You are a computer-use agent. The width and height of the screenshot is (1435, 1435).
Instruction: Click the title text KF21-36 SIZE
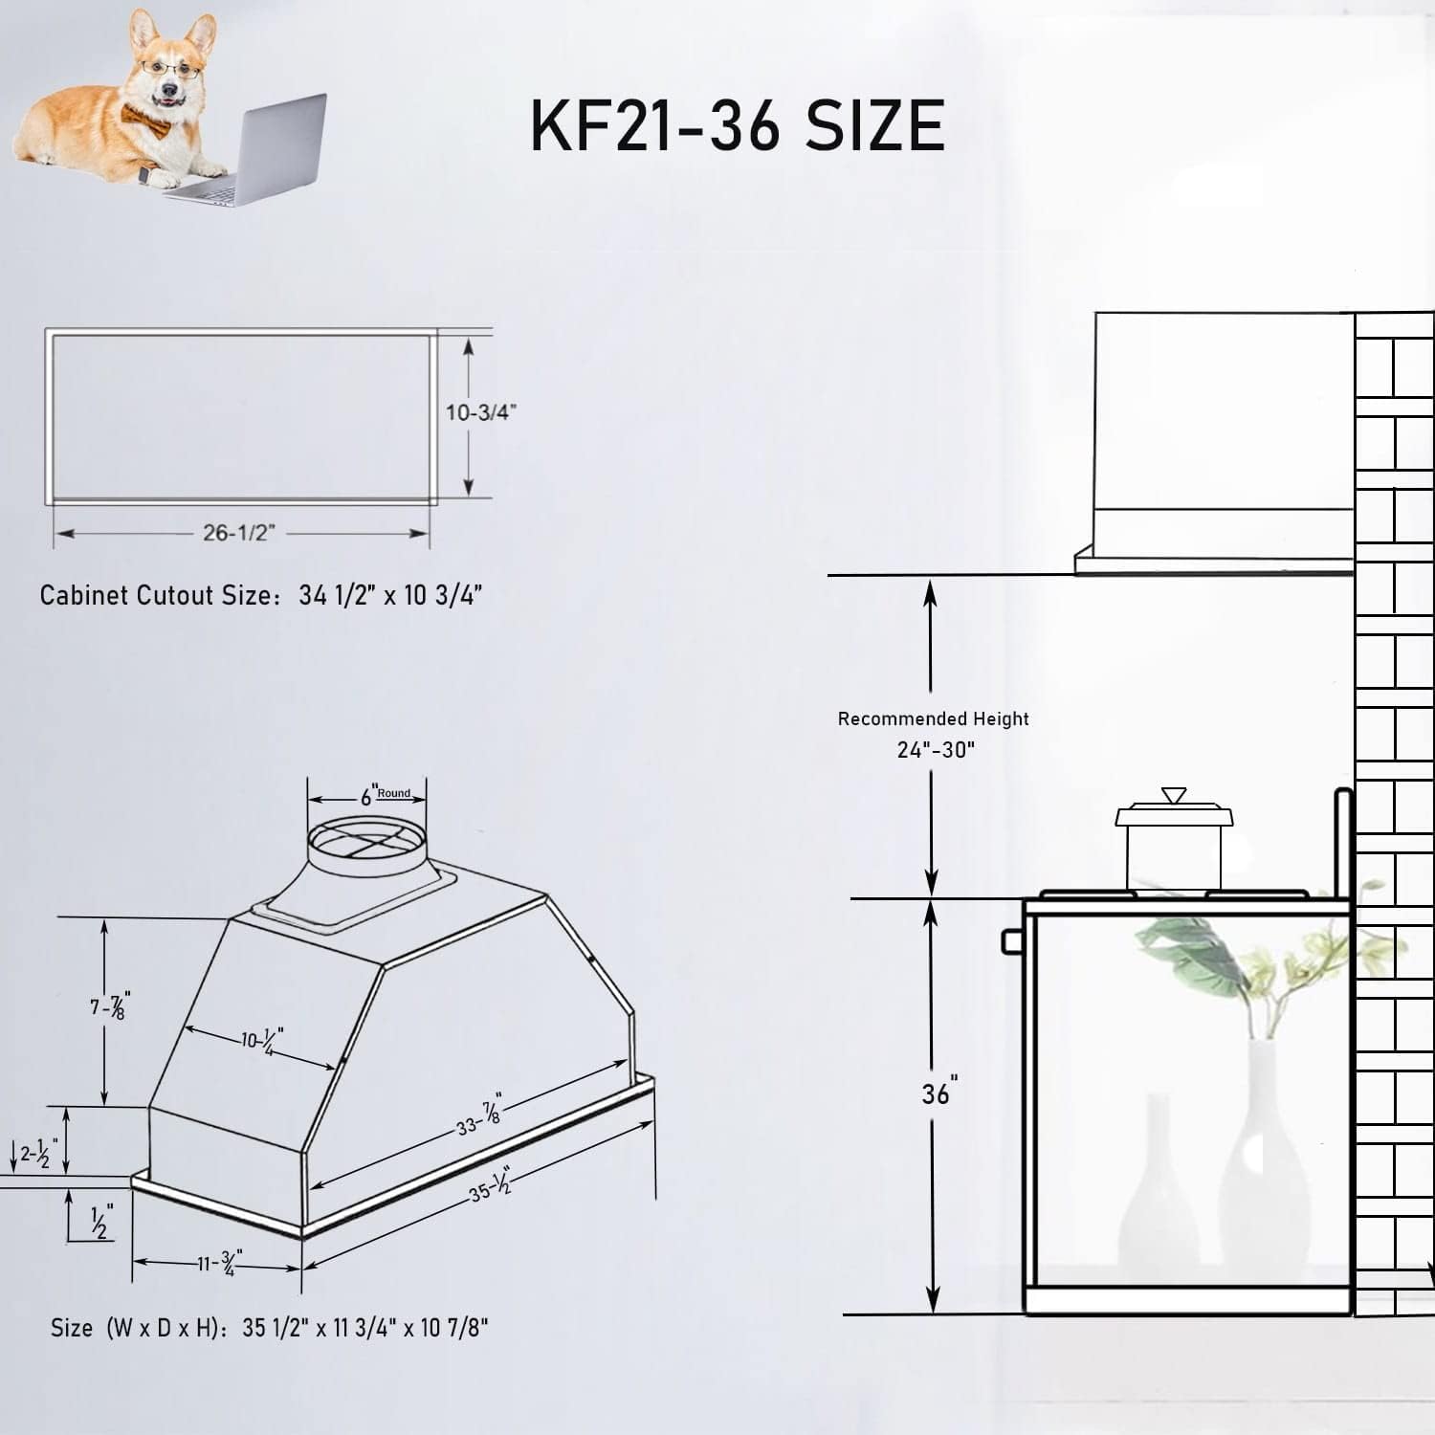[x=738, y=125]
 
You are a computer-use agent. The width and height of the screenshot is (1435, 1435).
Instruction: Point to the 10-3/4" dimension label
[x=480, y=412]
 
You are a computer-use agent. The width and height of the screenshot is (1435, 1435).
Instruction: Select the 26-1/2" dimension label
[x=237, y=533]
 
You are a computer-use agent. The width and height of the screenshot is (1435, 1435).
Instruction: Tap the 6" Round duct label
[x=383, y=795]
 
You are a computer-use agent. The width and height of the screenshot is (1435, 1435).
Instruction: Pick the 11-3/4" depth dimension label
[x=220, y=1263]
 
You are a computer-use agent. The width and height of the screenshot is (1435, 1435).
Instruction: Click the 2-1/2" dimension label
[x=38, y=1154]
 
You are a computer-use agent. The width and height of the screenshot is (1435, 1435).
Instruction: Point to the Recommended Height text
[x=933, y=718]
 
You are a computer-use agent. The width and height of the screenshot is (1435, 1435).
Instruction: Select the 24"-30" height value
[x=936, y=749]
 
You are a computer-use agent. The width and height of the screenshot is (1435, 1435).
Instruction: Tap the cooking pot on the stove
[x=1174, y=842]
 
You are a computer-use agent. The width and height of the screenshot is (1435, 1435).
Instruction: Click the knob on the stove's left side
[x=1011, y=941]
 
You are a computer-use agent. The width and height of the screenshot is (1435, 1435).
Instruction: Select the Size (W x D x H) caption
[x=269, y=1328]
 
